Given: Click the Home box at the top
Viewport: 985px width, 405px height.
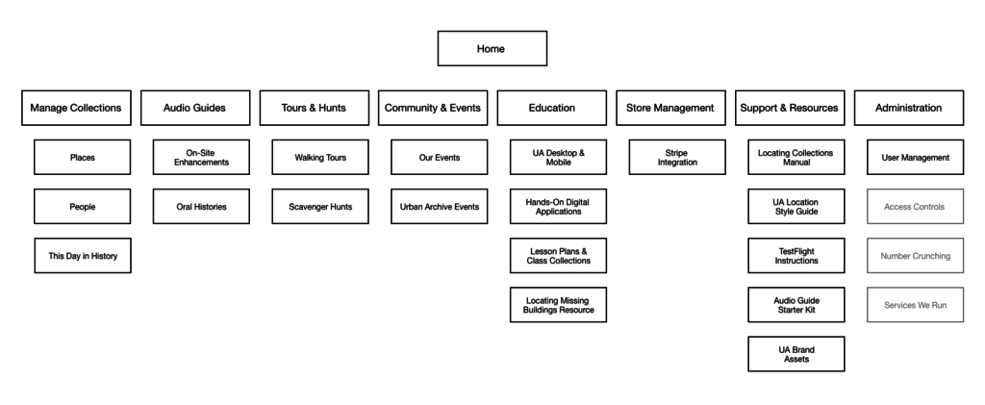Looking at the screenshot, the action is [x=492, y=48].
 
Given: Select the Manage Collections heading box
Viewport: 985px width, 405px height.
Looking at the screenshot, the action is [x=76, y=108].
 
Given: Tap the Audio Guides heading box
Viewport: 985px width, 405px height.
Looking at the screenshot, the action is [x=195, y=108].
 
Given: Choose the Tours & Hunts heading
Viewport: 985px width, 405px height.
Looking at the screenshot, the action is [x=315, y=108].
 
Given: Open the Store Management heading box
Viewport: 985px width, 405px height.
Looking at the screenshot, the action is [x=670, y=108].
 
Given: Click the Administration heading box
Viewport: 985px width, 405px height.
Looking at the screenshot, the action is [x=908, y=108].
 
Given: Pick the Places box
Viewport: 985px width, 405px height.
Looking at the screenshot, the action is [x=83, y=157].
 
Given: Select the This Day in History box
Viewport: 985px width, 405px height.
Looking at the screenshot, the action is [x=83, y=256].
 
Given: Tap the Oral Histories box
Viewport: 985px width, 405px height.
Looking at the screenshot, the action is [x=201, y=207].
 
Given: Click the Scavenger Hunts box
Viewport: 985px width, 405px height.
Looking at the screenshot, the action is [x=320, y=207].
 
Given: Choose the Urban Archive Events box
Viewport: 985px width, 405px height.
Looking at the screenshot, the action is [x=439, y=207].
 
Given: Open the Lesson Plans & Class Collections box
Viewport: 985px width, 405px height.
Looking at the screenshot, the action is [x=559, y=256].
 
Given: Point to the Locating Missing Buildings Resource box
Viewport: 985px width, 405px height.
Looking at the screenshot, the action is [x=559, y=305].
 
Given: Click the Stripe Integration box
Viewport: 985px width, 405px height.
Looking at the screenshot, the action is [x=677, y=157].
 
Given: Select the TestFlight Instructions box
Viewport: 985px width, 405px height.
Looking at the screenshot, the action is [x=796, y=256].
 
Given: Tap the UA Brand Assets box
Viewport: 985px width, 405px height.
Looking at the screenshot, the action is [x=796, y=354].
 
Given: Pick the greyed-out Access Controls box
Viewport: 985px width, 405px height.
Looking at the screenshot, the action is [x=916, y=207].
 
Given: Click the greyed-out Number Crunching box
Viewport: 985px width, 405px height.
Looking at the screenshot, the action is [x=916, y=256].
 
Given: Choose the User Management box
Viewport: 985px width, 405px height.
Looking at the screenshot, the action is [x=916, y=157].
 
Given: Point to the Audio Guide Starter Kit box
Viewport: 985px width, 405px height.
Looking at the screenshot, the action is [x=796, y=305].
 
